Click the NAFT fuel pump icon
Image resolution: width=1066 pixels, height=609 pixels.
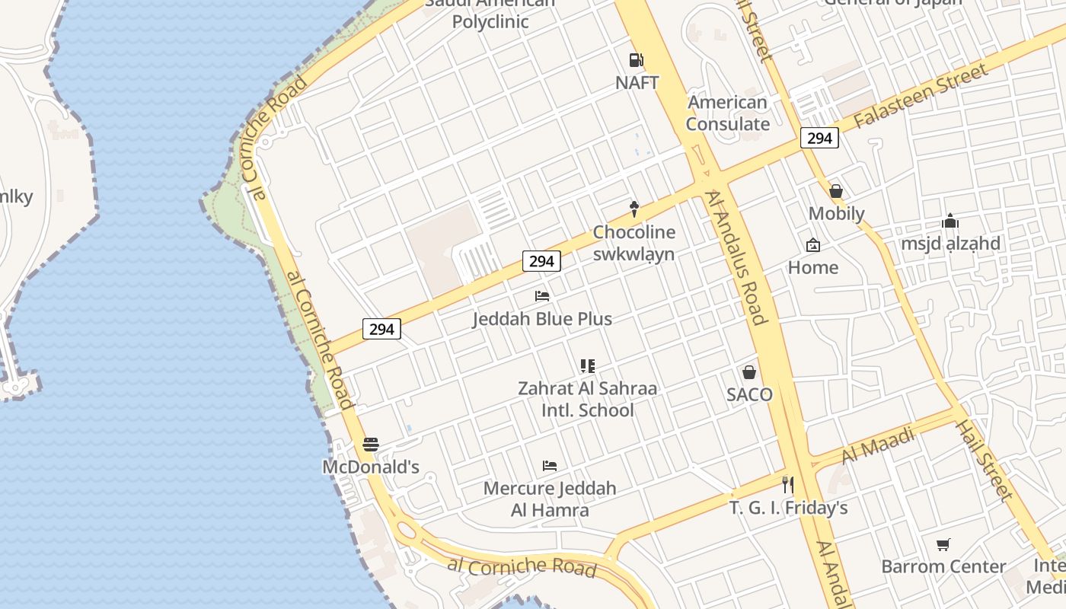(637, 60)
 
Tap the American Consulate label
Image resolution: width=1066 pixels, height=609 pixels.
(728, 113)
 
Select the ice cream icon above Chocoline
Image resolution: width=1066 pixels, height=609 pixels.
(634, 209)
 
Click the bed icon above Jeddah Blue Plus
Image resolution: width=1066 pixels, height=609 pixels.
(542, 295)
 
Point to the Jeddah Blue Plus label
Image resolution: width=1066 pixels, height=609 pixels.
(542, 318)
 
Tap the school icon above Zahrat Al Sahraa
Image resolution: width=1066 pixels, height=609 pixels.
(587, 366)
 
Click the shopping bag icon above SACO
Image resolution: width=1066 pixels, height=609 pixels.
(749, 372)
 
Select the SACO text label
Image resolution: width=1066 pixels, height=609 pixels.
(749, 394)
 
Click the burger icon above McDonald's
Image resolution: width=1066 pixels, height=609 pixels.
(371, 445)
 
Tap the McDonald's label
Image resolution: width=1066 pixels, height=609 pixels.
(371, 467)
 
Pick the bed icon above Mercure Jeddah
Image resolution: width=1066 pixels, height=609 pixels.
(550, 465)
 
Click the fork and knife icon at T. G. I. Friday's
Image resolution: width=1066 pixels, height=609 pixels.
(788, 484)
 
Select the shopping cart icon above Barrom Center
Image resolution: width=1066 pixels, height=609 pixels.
(943, 544)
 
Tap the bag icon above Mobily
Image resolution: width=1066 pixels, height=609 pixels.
(836, 191)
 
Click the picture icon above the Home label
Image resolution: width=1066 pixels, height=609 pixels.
(813, 245)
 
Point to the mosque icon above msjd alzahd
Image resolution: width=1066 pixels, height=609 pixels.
(950, 222)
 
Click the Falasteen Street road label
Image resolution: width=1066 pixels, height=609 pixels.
(921, 97)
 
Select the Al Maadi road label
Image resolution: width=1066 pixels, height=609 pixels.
(878, 445)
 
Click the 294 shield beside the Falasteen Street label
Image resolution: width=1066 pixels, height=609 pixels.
(819, 138)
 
